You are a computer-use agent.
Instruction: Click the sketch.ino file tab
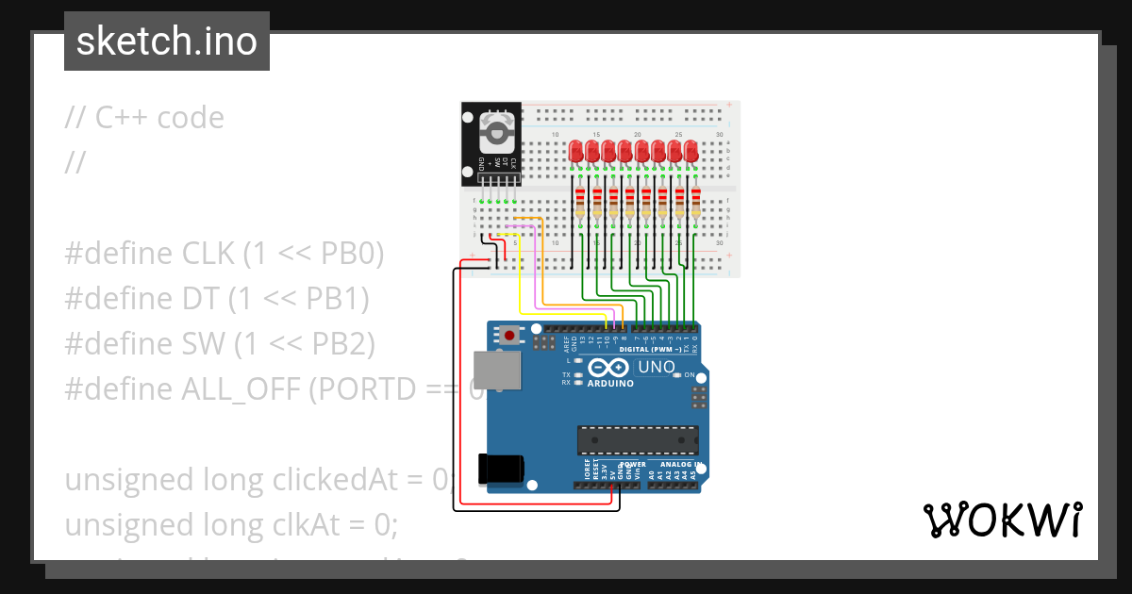pos(167,41)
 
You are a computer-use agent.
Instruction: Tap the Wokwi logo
pos(1002,520)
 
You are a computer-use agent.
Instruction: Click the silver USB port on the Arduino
pos(494,370)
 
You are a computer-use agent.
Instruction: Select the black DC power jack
pos(500,470)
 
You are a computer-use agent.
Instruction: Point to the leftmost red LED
pos(576,151)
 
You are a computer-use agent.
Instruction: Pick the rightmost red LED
pos(691,151)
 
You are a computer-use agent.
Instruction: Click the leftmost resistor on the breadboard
pos(580,203)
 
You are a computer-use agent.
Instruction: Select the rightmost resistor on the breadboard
pos(696,203)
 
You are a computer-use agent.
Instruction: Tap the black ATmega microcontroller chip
pos(639,440)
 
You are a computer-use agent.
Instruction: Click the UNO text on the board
pos(657,367)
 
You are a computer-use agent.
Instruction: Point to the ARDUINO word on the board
pos(609,384)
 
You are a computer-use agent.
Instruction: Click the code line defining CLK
pos(225,254)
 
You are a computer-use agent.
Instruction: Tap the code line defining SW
pos(220,344)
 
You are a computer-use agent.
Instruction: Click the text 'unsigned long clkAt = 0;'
pos(231,524)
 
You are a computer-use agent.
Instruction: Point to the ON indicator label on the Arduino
pos(690,374)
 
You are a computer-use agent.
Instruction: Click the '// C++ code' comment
pos(144,118)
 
